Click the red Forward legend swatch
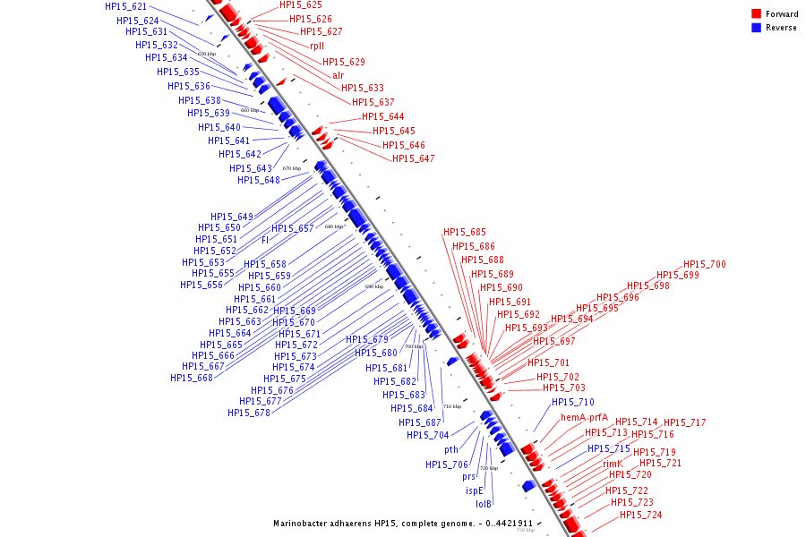tap(757, 13)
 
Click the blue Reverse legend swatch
tap(757, 27)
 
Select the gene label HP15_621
tap(125, 6)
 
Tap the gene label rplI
tap(317, 46)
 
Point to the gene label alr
tap(338, 75)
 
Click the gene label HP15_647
tap(413, 158)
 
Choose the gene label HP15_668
tap(192, 378)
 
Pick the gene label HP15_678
tap(249, 413)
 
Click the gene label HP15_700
tap(705, 264)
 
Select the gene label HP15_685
tap(465, 233)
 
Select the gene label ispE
tap(474, 490)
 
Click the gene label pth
tap(451, 449)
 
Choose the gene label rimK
tap(613, 464)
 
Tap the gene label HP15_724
tap(641, 515)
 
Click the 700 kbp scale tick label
tap(413, 346)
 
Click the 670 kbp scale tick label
tap(292, 167)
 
